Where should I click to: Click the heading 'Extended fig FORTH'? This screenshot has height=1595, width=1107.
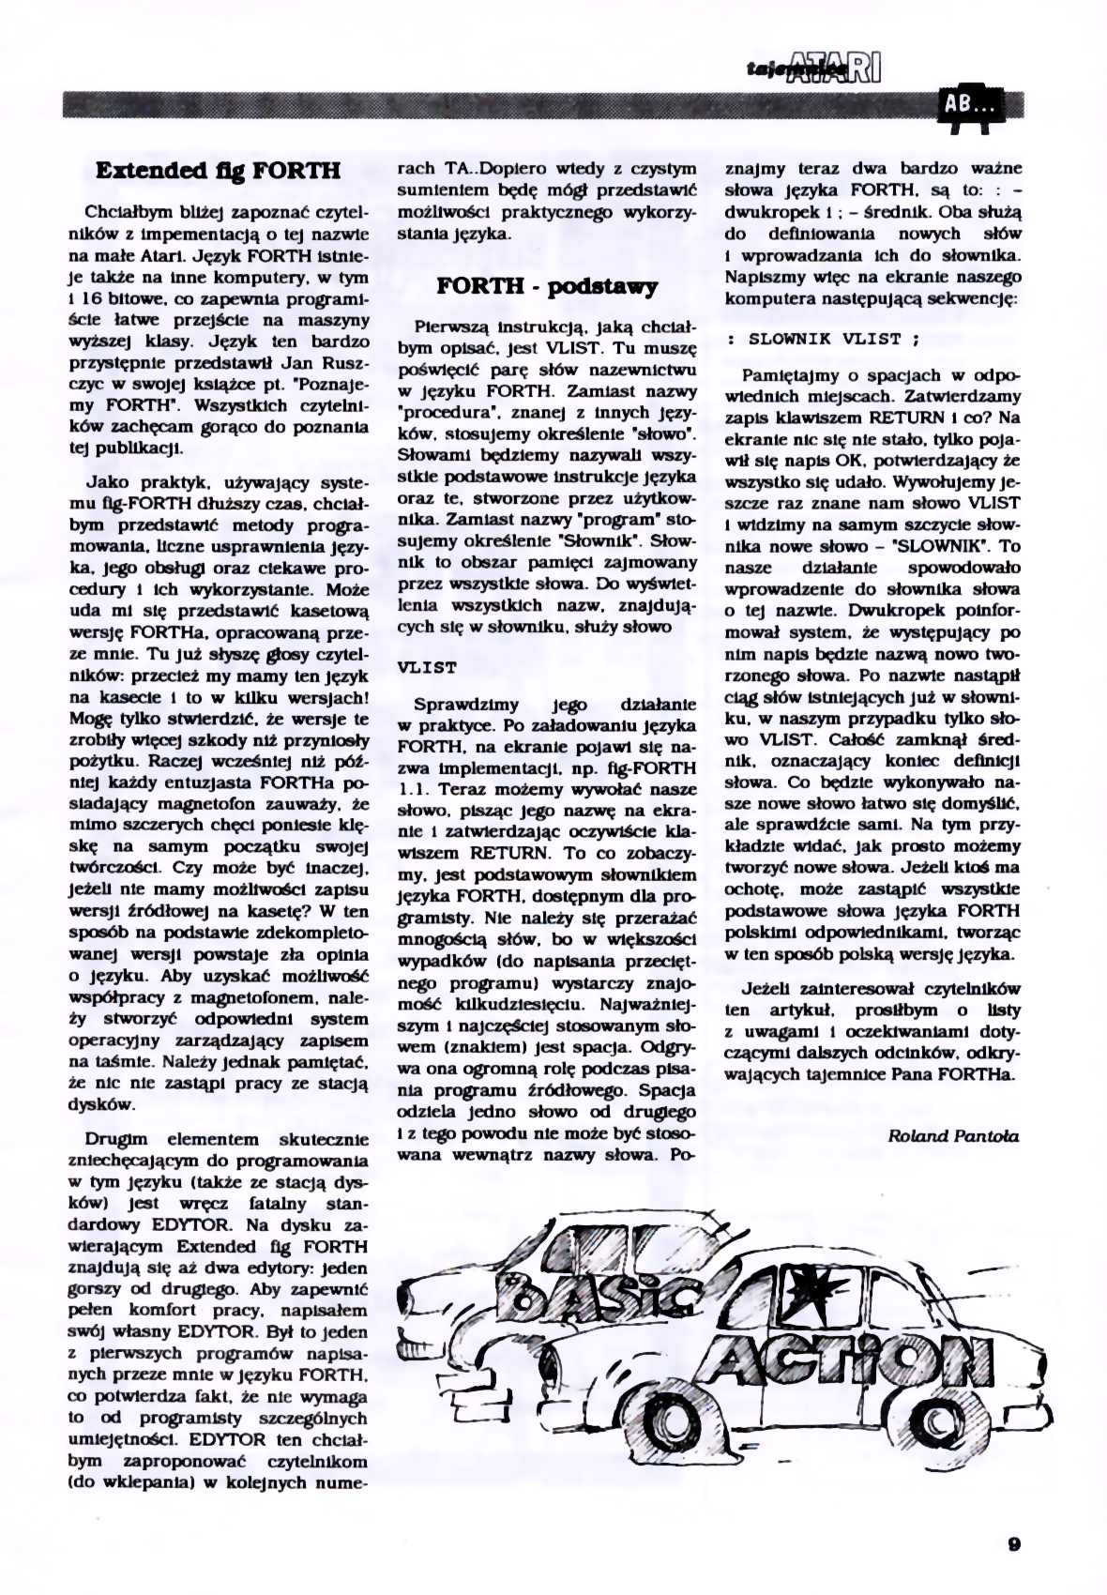(218, 171)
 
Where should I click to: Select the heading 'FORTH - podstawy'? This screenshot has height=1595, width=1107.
(547, 286)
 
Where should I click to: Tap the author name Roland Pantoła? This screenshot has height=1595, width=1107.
(952, 1136)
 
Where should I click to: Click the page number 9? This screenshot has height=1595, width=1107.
(1014, 1544)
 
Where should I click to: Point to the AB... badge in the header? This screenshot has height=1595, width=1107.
(969, 104)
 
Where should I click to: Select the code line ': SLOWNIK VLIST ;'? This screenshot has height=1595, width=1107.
(823, 339)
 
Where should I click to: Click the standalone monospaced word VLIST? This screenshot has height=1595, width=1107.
(427, 668)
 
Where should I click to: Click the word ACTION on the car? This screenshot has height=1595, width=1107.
(844, 1358)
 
